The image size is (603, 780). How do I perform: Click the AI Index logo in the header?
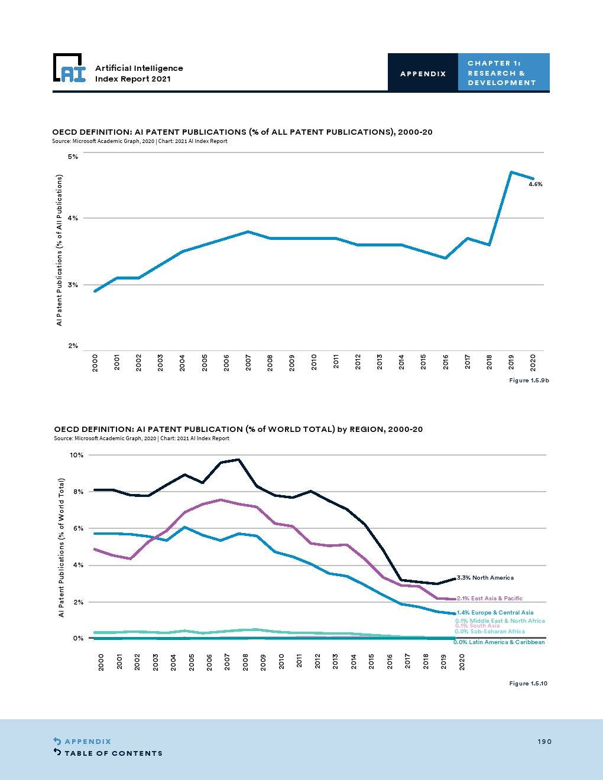click(x=69, y=69)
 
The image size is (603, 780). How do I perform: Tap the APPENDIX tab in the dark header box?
click(x=423, y=73)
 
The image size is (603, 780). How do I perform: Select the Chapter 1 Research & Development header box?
click(x=503, y=73)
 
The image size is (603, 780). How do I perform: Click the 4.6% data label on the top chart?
click(x=535, y=184)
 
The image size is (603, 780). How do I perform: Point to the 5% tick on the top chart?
click(x=73, y=157)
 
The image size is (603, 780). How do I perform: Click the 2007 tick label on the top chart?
click(x=248, y=362)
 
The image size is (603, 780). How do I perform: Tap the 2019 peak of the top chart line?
click(x=511, y=172)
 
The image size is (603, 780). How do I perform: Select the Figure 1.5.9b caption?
click(x=529, y=380)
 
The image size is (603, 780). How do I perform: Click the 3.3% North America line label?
click(x=485, y=577)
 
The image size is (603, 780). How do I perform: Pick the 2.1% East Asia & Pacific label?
click(x=489, y=598)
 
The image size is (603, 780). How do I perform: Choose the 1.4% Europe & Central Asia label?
click(x=495, y=612)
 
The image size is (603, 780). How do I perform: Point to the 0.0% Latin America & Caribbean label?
click(x=499, y=642)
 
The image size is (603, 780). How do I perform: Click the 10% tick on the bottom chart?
click(x=77, y=455)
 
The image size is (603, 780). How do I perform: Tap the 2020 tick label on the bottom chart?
click(x=462, y=662)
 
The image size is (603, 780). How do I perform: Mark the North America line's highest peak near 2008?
click(x=238, y=459)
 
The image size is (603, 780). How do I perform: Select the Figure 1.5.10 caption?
click(x=528, y=683)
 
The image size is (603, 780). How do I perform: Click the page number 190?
click(x=544, y=742)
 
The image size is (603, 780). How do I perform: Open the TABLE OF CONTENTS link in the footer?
click(x=113, y=753)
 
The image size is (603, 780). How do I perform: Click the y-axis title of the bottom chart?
click(x=61, y=547)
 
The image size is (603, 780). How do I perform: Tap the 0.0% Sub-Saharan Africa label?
click(x=489, y=631)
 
